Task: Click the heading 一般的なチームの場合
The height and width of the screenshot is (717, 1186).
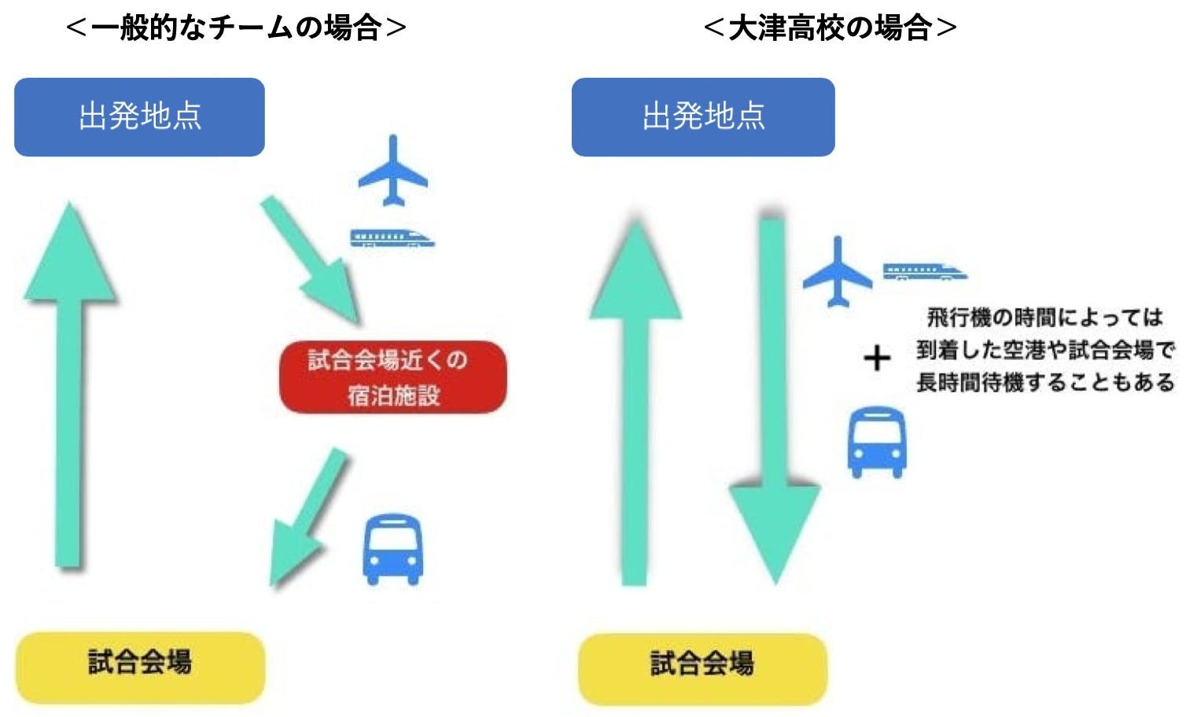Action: coord(236,28)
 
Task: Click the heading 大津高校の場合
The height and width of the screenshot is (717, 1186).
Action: coord(830,28)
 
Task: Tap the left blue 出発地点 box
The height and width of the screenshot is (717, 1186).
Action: coord(139,116)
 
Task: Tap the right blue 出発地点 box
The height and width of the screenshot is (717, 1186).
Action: coord(703,116)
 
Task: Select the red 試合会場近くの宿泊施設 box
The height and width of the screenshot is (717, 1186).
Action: coord(392,377)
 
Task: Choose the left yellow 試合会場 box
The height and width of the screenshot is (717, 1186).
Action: coord(140,666)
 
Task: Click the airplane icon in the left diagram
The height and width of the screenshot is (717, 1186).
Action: coord(393,172)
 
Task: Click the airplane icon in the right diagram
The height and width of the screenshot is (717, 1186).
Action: coord(838,272)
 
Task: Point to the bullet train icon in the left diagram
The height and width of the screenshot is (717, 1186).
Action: coord(392,237)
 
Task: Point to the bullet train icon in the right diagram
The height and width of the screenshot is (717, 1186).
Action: coord(924,272)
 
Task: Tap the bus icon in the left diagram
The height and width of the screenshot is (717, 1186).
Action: coord(392,549)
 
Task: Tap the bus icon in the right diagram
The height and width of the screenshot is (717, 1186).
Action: coord(877,441)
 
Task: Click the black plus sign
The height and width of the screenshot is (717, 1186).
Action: coord(877,358)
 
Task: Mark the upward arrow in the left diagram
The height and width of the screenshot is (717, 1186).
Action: coord(69,393)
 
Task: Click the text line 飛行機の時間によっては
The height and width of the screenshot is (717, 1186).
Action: coord(1044,318)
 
